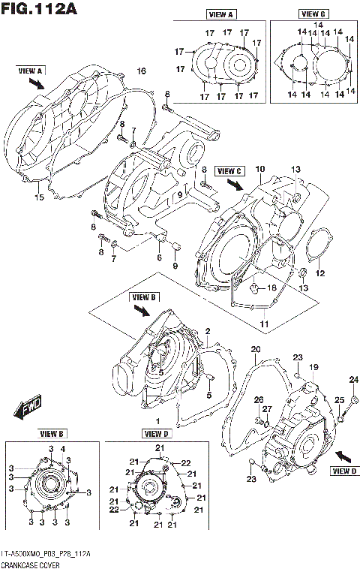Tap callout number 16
(139, 71)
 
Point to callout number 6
(158, 257)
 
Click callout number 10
(259, 169)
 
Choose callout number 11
(263, 323)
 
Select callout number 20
(255, 349)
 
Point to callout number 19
(314, 366)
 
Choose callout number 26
(258, 399)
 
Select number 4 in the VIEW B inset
(63, 449)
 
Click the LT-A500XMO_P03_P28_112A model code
(46, 554)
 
